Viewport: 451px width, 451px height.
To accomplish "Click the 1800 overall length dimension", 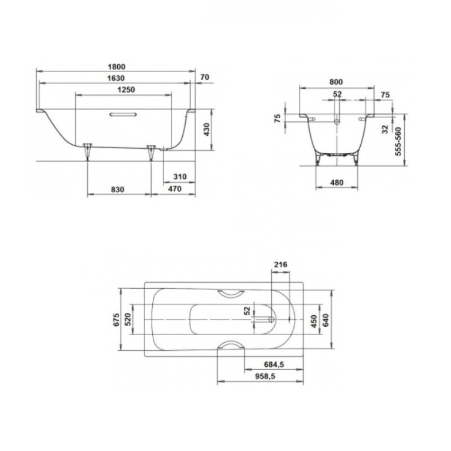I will click(117, 67).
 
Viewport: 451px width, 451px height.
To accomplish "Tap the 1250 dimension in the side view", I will click(124, 89).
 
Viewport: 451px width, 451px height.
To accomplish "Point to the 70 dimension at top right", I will click(204, 77).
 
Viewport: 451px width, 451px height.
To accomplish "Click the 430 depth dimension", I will click(206, 129).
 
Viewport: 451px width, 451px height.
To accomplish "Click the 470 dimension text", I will click(174, 189).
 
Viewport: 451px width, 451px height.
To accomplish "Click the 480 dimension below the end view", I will click(336, 183).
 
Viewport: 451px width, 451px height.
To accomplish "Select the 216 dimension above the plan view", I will click(280, 264).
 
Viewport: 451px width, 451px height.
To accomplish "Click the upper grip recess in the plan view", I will click(230, 292).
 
